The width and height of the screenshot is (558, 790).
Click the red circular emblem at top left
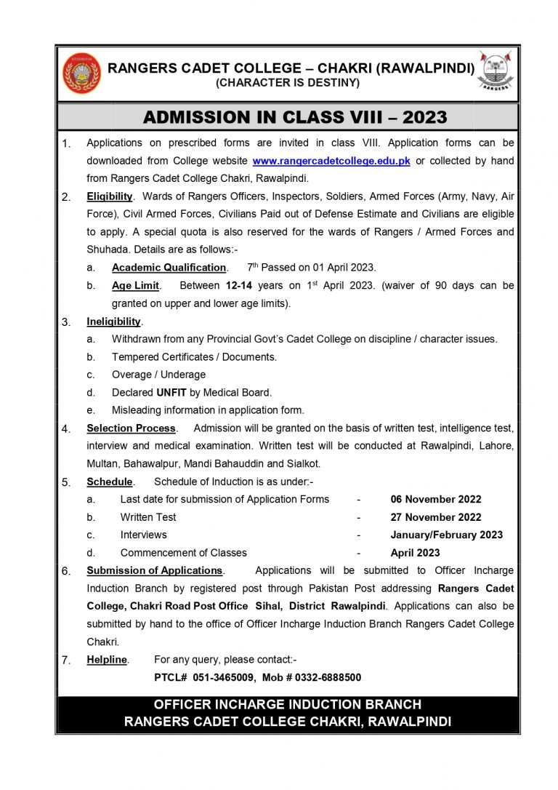[x=82, y=73]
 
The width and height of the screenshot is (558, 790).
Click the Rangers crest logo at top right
[x=497, y=71]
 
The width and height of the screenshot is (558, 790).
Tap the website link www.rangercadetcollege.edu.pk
[x=331, y=161]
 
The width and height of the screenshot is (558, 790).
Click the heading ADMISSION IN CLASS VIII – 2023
[x=295, y=117]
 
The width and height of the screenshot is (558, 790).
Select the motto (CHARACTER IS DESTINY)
[x=288, y=83]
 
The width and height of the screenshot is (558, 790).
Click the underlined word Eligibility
[x=110, y=196]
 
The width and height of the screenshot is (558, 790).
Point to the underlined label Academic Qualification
[x=169, y=268]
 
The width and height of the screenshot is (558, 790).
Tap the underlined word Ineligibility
[x=114, y=322]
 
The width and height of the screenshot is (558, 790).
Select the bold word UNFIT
[x=172, y=392]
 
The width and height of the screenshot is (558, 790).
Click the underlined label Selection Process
[x=132, y=428]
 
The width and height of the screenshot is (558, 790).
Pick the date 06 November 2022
[x=436, y=500]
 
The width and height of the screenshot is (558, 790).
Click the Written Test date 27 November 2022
[x=436, y=517]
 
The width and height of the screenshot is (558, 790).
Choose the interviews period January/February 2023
[x=446, y=535]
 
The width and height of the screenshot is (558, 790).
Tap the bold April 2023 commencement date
[x=415, y=553]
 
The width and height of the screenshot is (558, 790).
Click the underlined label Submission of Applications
[x=155, y=570]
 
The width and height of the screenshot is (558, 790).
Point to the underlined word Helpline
[x=107, y=660]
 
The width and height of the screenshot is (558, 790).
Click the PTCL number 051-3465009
[x=224, y=677]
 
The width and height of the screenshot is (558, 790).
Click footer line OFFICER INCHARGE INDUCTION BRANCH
[x=288, y=705]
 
